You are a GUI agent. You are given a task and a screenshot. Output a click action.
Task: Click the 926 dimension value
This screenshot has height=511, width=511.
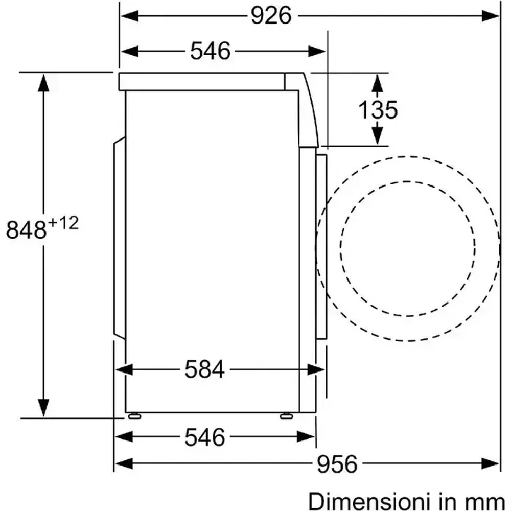[271, 15]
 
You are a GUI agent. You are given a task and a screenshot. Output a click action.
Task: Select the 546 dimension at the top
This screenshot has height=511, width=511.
[210, 51]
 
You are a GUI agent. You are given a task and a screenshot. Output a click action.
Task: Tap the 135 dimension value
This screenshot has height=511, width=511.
[378, 110]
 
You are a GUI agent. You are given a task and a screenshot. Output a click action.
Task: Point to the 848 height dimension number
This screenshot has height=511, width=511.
[26, 230]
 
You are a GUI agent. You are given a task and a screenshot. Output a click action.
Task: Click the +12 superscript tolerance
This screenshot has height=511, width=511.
[63, 224]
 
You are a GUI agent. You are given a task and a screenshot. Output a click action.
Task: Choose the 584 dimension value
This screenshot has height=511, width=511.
[205, 369]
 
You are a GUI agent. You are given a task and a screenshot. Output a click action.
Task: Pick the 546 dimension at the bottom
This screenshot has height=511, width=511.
[205, 437]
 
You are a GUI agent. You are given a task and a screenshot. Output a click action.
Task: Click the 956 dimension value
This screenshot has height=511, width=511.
[337, 464]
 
